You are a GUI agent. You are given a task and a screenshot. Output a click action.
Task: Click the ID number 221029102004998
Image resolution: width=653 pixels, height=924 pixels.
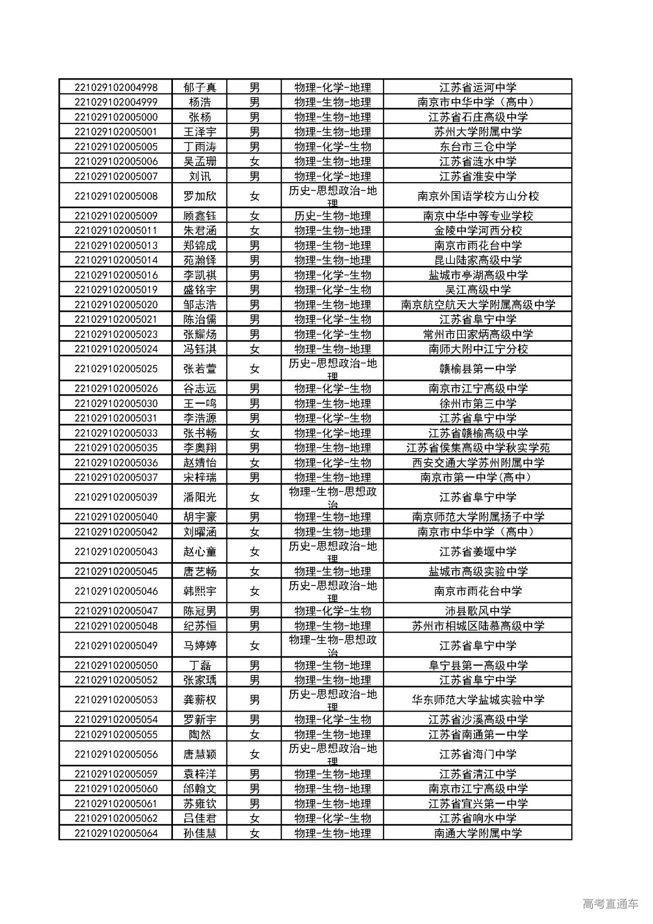pyautogui.click(x=116, y=87)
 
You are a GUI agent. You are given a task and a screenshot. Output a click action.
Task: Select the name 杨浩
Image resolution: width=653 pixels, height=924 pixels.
pyautogui.click(x=200, y=102)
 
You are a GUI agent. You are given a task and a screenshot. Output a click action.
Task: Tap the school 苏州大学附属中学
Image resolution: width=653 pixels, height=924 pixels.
pyautogui.click(x=478, y=132)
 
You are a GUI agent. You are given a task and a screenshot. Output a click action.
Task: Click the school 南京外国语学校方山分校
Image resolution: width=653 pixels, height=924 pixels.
pyautogui.click(x=478, y=196)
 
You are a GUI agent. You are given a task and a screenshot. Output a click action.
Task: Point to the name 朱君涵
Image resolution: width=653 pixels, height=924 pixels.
pyautogui.click(x=200, y=231)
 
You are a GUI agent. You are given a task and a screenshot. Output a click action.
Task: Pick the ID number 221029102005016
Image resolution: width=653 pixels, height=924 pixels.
pyautogui.click(x=116, y=275)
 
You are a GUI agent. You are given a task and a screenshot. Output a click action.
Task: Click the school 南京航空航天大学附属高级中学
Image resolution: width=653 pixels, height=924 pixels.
pyautogui.click(x=478, y=305)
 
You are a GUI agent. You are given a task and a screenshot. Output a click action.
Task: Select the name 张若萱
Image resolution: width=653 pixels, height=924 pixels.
pyautogui.click(x=200, y=369)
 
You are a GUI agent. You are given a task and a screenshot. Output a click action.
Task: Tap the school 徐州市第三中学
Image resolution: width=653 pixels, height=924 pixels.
pyautogui.click(x=478, y=403)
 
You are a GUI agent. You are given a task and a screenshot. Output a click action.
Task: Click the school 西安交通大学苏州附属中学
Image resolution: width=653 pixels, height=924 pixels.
pyautogui.click(x=478, y=463)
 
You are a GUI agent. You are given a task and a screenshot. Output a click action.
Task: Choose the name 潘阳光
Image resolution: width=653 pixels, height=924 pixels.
pyautogui.click(x=200, y=497)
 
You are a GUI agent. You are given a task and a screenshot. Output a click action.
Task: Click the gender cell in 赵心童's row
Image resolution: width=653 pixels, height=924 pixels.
pyautogui.click(x=254, y=551)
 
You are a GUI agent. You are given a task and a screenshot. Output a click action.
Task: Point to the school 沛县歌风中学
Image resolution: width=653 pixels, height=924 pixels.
pyautogui.click(x=478, y=611)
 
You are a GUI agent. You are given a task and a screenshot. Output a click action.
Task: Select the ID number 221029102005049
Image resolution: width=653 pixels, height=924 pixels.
pyautogui.click(x=116, y=645)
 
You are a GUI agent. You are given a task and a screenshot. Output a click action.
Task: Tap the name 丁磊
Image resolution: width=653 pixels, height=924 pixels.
pyautogui.click(x=200, y=665)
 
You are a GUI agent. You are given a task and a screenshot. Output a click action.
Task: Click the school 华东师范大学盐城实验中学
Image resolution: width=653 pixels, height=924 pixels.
pyautogui.click(x=478, y=700)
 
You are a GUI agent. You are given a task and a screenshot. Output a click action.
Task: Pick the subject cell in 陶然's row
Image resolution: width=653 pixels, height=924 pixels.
pyautogui.click(x=332, y=735)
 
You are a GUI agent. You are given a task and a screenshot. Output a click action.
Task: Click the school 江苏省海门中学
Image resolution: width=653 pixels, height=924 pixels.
pyautogui.click(x=478, y=754)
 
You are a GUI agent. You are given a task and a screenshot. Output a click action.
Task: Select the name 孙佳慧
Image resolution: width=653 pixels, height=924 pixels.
pyautogui.click(x=200, y=833)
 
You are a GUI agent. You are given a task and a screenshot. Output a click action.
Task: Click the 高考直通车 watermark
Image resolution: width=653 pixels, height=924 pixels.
pyautogui.click(x=610, y=904)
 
